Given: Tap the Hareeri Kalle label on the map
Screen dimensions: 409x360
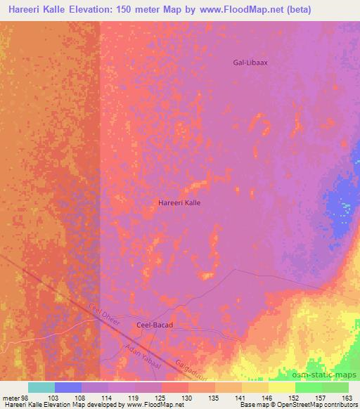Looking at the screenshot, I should coord(179,202).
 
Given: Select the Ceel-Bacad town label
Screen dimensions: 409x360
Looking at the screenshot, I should coord(153,325).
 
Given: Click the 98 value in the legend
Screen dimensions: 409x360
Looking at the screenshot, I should coord(25,398).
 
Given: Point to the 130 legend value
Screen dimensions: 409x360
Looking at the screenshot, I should coord(188,398).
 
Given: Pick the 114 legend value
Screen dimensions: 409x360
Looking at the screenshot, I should coord(107,398).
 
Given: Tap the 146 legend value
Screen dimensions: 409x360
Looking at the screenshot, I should coord(268,398).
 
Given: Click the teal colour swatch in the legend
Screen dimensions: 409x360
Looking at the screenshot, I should coord(41,387).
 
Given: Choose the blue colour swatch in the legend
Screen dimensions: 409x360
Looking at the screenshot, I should coord(68,387).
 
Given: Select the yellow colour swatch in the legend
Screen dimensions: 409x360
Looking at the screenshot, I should coord(281,387).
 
